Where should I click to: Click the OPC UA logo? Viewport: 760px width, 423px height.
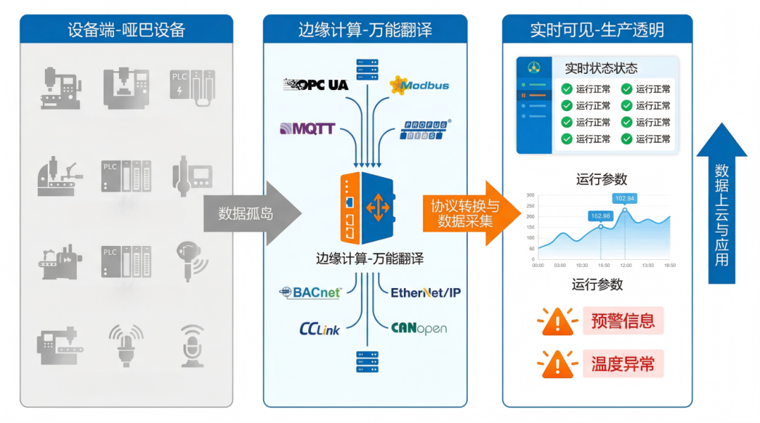pos(315,85)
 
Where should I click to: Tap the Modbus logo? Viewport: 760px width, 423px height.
pos(419,86)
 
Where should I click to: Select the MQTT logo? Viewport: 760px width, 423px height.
pos(308,129)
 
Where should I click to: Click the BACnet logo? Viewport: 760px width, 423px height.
pos(310,292)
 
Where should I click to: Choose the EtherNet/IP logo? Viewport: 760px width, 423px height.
pos(426,292)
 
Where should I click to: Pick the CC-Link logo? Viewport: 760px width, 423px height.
pos(319,328)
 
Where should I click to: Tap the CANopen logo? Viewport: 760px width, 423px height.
pos(419,328)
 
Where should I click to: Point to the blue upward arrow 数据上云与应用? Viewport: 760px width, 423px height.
pos(721,204)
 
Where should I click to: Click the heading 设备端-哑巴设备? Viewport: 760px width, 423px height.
pos(126,30)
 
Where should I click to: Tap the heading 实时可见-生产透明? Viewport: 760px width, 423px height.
pos(597,30)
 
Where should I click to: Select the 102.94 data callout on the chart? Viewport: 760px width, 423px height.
pos(625,198)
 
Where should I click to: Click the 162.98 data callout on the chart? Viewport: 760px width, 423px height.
pos(600,216)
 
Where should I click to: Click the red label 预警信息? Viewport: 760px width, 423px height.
pos(623,321)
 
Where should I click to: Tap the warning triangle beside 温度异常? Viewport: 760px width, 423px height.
pos(557,364)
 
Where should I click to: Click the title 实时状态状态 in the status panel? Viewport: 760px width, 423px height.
pos(601,68)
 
